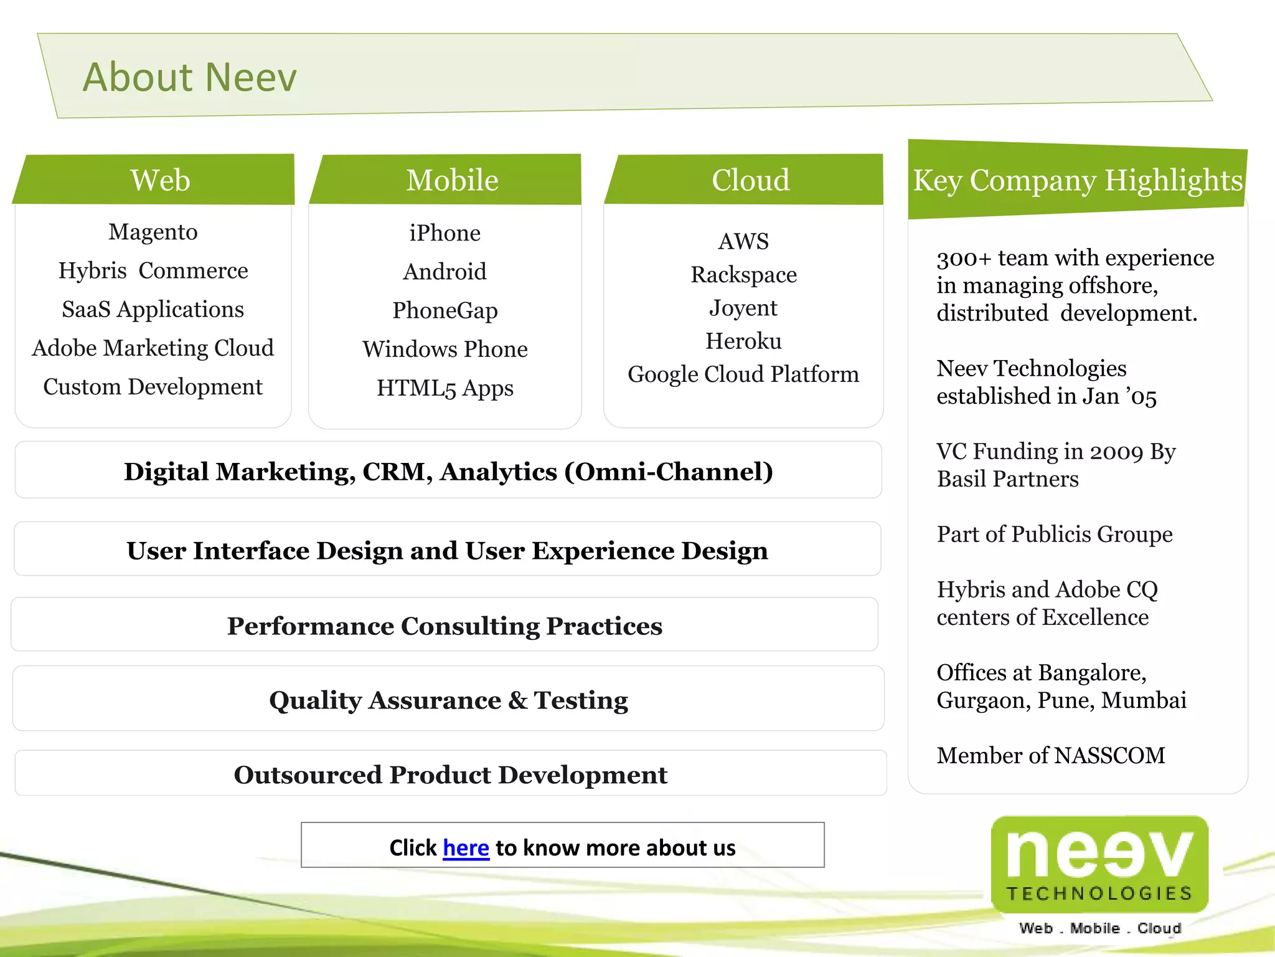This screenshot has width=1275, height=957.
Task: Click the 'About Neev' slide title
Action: pyautogui.click(x=190, y=77)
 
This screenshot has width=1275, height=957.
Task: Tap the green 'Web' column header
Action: pyautogui.click(x=160, y=180)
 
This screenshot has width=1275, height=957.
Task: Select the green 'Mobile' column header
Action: pyautogui.click(x=452, y=180)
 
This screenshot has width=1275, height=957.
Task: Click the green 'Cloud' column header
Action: pyautogui.click(x=750, y=180)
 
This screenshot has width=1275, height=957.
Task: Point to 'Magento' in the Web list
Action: pyautogui.click(x=153, y=232)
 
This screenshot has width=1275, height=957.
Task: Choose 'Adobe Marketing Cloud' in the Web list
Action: pyautogui.click(x=153, y=348)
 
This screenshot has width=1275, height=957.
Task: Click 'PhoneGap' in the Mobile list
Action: pyautogui.click(x=445, y=310)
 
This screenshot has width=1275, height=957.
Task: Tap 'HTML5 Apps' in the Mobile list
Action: pyautogui.click(x=445, y=388)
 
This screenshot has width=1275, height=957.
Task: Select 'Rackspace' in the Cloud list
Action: pyautogui.click(x=743, y=274)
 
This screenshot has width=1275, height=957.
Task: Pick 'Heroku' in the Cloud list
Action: pyautogui.click(x=743, y=341)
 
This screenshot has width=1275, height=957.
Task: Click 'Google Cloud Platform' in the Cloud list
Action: pyautogui.click(x=743, y=374)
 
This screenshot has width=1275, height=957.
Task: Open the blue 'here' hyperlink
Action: pyautogui.click(x=466, y=848)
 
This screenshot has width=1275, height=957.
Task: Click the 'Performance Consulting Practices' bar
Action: pyautogui.click(x=445, y=626)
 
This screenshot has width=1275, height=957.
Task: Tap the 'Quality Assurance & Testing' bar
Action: pyautogui.click(x=448, y=700)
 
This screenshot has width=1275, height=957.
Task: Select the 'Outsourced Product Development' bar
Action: pyautogui.click(x=451, y=774)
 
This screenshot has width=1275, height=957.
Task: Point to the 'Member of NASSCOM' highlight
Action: pyautogui.click(x=1051, y=755)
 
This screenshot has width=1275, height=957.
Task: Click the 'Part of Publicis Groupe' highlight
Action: pyautogui.click(x=1055, y=534)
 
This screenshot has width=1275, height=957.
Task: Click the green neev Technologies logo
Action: pyautogui.click(x=1099, y=864)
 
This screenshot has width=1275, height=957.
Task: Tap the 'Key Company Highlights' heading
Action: pyautogui.click(x=1078, y=180)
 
